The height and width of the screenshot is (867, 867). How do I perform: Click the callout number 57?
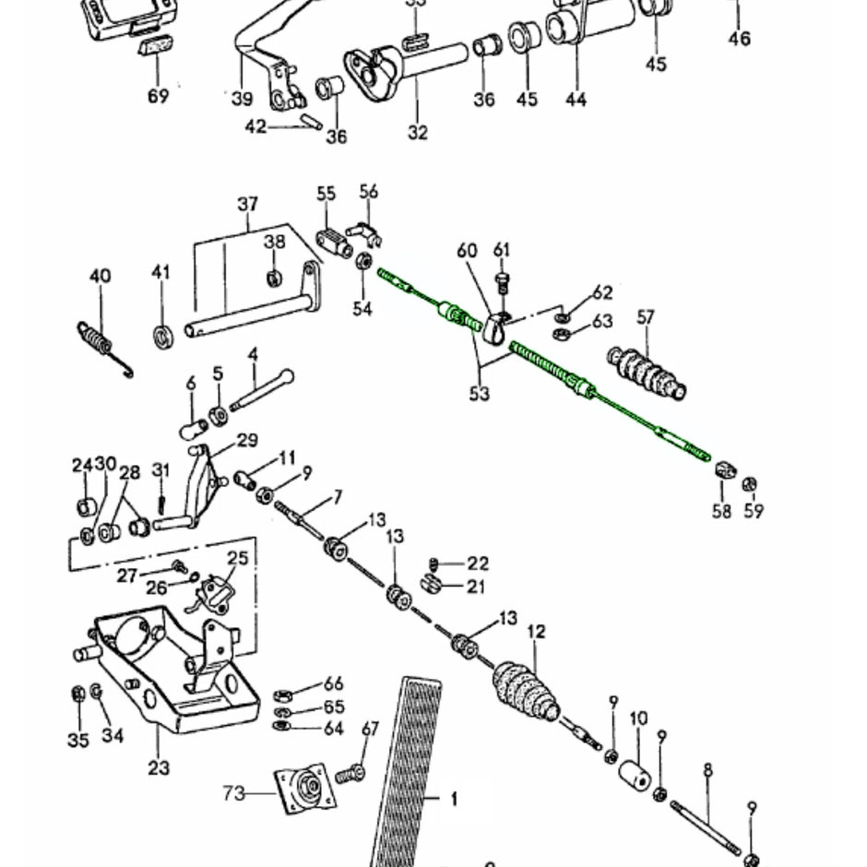pyautogui.click(x=645, y=318)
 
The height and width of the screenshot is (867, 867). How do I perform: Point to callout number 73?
pyautogui.click(x=234, y=792)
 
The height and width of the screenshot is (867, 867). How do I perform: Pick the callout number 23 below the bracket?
pyautogui.click(x=159, y=766)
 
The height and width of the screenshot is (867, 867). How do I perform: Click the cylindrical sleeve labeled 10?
pyautogui.click(x=637, y=773)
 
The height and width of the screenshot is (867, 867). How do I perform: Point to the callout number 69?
pyautogui.click(x=158, y=95)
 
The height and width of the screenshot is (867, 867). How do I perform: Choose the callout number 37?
pyautogui.click(x=247, y=204)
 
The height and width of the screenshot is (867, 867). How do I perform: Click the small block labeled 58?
pyautogui.click(x=724, y=471)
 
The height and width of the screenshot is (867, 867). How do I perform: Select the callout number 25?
pyautogui.click(x=238, y=557)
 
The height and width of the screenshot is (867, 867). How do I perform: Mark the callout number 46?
pyautogui.click(x=739, y=39)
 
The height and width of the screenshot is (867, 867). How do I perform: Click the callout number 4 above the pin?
pyautogui.click(x=253, y=354)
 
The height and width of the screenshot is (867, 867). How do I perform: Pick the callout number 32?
pyautogui.click(x=417, y=132)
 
